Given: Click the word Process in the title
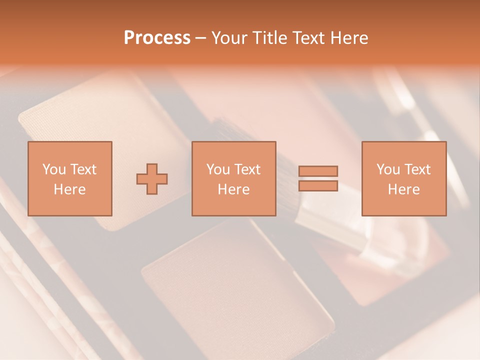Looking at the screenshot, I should tap(157, 38).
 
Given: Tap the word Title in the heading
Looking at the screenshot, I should tap(270, 38).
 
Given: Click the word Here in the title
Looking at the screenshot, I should tap(350, 38).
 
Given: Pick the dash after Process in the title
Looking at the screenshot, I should tap(200, 39).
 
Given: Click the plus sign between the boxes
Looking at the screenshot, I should tap(152, 178).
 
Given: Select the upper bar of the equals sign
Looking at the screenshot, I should tap(318, 171).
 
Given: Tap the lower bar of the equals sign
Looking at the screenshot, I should tap(318, 185).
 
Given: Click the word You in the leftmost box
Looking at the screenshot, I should tap(54, 169).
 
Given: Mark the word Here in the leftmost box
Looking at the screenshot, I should tap(69, 189).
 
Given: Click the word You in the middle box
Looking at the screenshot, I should tap(218, 169).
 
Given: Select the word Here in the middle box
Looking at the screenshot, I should tap(233, 189).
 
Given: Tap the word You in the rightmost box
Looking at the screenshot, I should tap(388, 169).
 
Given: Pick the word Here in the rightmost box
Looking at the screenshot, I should tap(403, 189).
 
